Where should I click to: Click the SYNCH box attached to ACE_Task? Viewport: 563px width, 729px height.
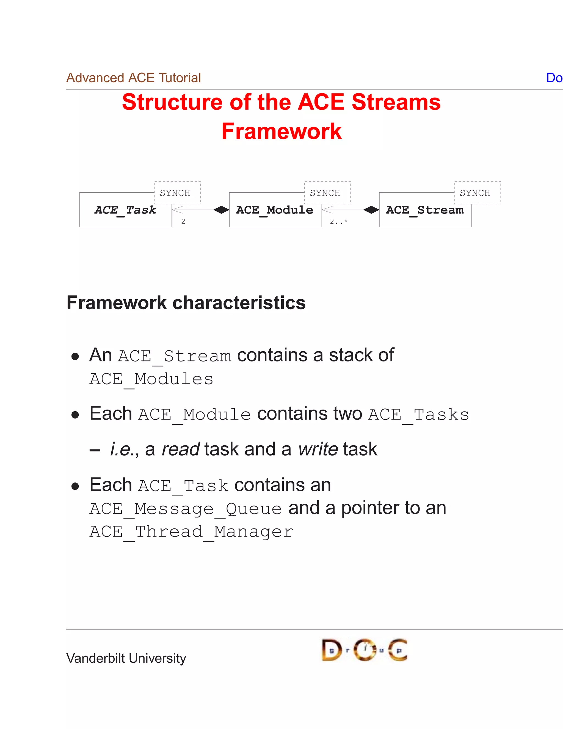(177, 193)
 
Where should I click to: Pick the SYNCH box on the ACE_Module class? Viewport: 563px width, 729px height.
(327, 193)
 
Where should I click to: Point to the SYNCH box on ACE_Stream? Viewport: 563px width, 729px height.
(477, 193)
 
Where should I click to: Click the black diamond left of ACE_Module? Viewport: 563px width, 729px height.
(221, 210)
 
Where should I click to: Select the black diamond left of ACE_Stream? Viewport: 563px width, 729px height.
(371, 210)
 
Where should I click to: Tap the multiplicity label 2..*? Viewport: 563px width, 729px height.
(338, 221)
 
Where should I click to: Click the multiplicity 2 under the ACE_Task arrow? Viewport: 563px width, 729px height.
(183, 221)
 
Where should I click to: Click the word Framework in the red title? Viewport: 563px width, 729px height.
(281, 131)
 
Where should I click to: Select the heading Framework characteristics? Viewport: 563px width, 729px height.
(186, 303)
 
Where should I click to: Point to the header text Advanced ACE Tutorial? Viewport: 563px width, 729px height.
(133, 78)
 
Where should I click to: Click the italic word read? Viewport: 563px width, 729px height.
(180, 449)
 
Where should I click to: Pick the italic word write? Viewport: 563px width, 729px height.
(318, 449)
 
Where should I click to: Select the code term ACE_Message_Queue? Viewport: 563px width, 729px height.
(186, 509)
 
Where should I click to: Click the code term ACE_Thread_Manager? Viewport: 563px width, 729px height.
(191, 532)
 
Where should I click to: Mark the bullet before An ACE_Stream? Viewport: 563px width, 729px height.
(75, 357)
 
